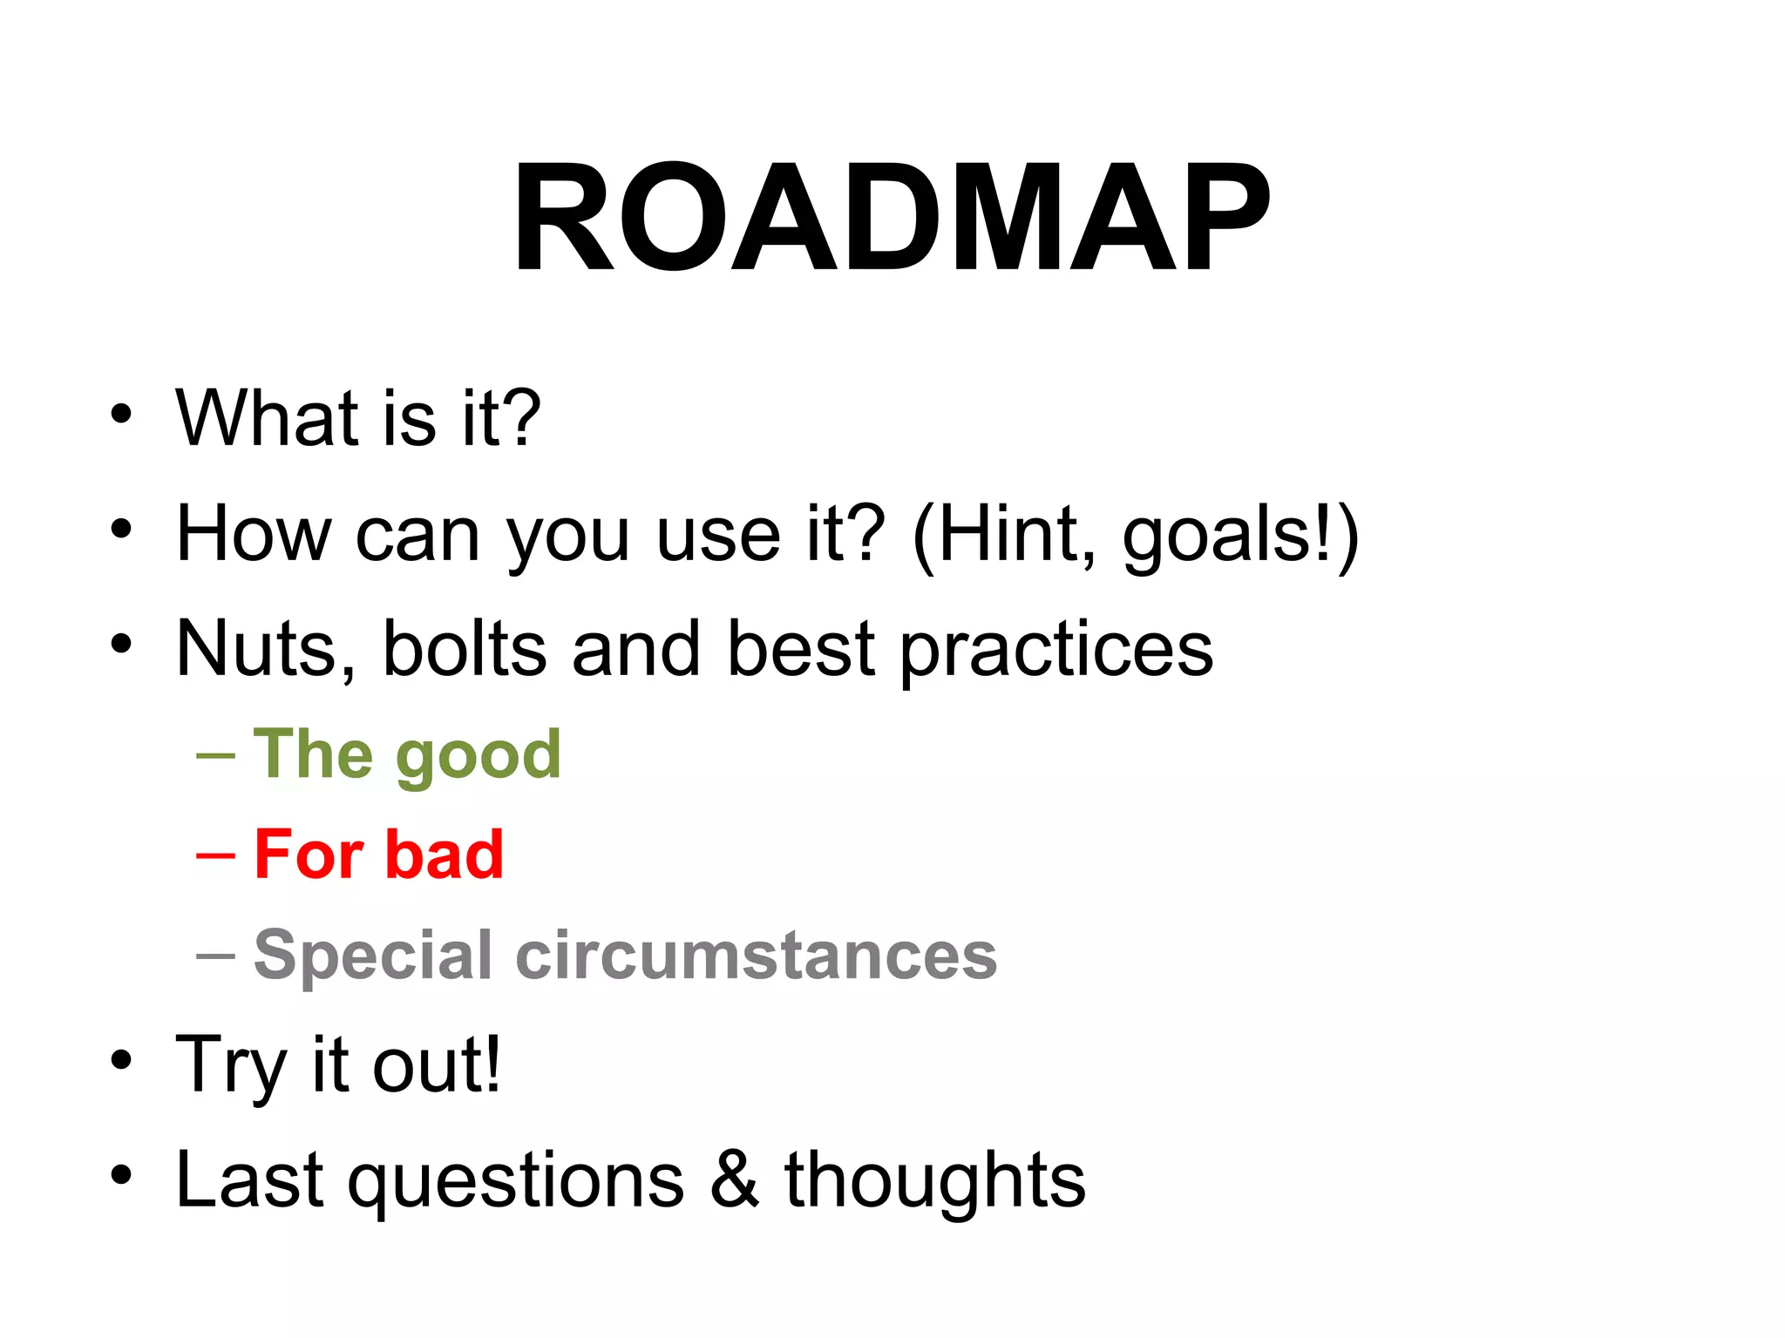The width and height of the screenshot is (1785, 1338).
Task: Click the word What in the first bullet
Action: pyautogui.click(x=267, y=418)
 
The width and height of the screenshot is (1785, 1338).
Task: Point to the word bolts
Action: pyautogui.click(x=464, y=649)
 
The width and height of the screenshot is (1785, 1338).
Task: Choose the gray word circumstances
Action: pyautogui.click(x=756, y=956)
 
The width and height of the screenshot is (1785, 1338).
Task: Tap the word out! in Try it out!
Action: pyautogui.click(x=437, y=1064)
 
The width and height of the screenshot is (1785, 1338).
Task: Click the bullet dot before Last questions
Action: pyautogui.click(x=121, y=1177)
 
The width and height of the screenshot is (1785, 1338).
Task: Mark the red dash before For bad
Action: pyautogui.click(x=215, y=856)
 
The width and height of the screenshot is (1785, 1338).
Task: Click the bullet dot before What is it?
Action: pyautogui.click(x=121, y=415)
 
